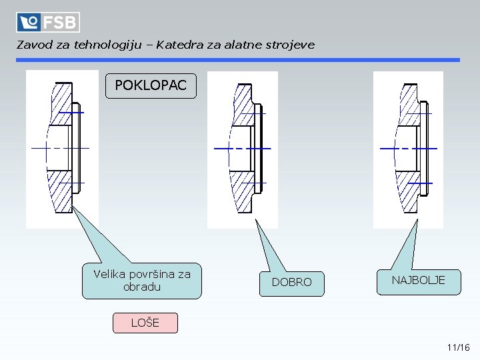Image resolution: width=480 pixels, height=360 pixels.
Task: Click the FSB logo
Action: coord(48,22)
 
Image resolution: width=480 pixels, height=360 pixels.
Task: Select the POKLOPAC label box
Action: coord(151,86)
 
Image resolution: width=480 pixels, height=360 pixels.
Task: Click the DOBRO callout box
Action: coord(291,282)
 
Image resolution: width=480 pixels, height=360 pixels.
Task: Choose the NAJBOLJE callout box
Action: coord(418,281)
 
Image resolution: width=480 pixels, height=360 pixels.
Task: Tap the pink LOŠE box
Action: coord(145,323)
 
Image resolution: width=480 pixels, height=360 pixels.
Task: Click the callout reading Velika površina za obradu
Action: coord(141,280)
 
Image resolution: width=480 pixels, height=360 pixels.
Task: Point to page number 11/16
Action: coord(459,347)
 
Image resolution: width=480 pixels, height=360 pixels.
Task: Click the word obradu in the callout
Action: coord(142,287)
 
